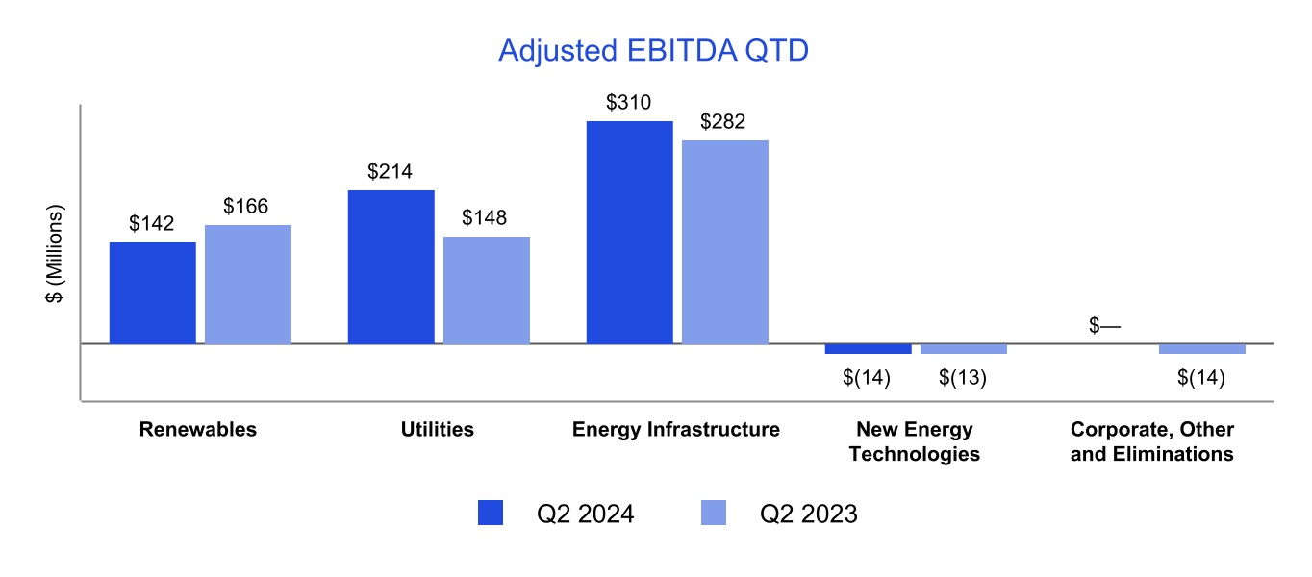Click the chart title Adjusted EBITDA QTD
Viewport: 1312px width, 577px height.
click(x=653, y=51)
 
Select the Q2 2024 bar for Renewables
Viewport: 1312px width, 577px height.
click(x=152, y=292)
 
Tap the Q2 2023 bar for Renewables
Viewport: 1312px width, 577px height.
click(x=247, y=284)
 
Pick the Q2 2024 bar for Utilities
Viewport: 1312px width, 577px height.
click(x=391, y=266)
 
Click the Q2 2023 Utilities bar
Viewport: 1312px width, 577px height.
click(x=486, y=289)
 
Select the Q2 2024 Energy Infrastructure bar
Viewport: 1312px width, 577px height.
click(x=629, y=232)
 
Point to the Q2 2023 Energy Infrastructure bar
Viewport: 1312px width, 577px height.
click(x=724, y=241)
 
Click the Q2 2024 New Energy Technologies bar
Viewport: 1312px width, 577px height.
click(x=868, y=348)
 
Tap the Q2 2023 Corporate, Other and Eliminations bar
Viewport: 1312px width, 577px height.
click(x=1201, y=348)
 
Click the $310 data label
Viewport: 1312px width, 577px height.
click(x=629, y=102)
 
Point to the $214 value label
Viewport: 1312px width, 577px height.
click(x=391, y=172)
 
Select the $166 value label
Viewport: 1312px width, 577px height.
click(x=247, y=206)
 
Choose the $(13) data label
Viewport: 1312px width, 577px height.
click(x=963, y=378)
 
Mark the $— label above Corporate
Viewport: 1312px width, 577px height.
click(x=1105, y=326)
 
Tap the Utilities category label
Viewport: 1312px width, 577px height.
click(x=438, y=430)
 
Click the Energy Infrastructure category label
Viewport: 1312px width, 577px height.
click(x=676, y=430)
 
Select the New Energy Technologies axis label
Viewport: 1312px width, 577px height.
click(x=915, y=441)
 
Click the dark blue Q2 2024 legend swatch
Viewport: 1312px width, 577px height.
click(x=491, y=514)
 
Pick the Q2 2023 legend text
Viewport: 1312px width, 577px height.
click(x=808, y=514)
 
